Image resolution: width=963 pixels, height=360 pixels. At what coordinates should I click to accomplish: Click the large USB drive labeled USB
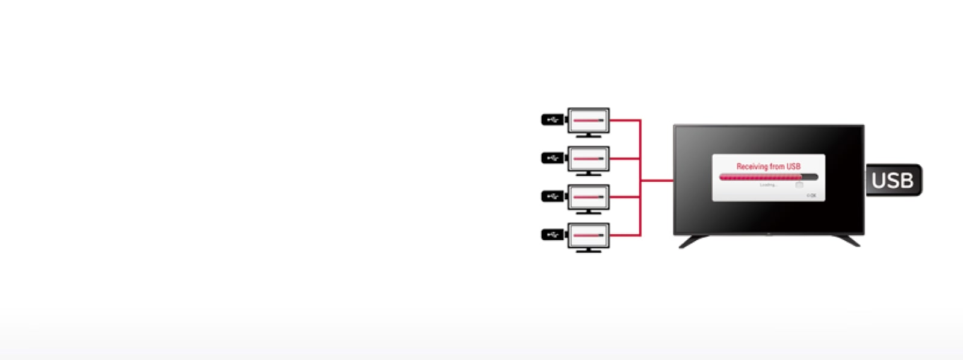click(x=894, y=180)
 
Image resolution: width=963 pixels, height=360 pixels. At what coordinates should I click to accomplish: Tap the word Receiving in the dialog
click(x=752, y=166)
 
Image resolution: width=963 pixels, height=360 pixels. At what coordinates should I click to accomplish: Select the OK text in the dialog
click(x=812, y=196)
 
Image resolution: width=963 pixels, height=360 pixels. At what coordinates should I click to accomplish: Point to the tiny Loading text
click(x=768, y=185)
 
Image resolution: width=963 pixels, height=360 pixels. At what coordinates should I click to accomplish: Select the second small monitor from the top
click(x=589, y=158)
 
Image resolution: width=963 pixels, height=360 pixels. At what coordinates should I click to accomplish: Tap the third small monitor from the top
click(x=589, y=197)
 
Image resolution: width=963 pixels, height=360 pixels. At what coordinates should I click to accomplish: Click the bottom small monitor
click(x=589, y=235)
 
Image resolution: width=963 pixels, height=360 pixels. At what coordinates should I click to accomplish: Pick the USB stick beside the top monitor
click(x=553, y=120)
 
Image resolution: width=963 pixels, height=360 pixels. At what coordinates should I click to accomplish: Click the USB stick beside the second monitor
click(x=553, y=158)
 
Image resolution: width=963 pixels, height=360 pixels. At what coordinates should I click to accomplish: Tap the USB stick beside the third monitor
click(x=553, y=196)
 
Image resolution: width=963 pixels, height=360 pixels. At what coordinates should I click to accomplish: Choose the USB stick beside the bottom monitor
click(x=553, y=234)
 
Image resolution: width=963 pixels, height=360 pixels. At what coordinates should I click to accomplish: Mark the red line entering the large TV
click(x=657, y=180)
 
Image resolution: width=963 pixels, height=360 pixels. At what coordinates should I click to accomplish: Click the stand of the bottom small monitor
click(x=589, y=250)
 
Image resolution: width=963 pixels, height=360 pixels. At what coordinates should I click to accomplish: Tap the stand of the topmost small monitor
click(x=589, y=135)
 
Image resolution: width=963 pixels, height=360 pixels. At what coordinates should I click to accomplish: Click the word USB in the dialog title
click(x=793, y=166)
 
